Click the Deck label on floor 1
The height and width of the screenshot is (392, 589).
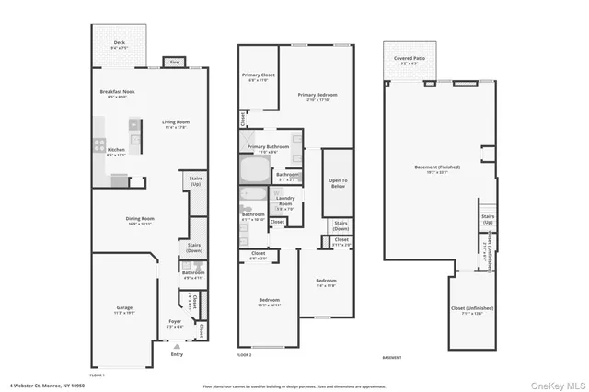(x=119, y=42)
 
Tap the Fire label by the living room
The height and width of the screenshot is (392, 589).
(x=173, y=63)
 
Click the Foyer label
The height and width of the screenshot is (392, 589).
(x=175, y=322)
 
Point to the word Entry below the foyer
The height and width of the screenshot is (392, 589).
(x=177, y=354)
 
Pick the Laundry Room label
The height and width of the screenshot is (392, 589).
(x=284, y=199)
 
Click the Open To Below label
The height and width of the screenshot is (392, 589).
(x=338, y=181)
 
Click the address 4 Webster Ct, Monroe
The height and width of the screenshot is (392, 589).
(x=45, y=385)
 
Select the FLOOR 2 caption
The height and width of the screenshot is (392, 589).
(x=244, y=354)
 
